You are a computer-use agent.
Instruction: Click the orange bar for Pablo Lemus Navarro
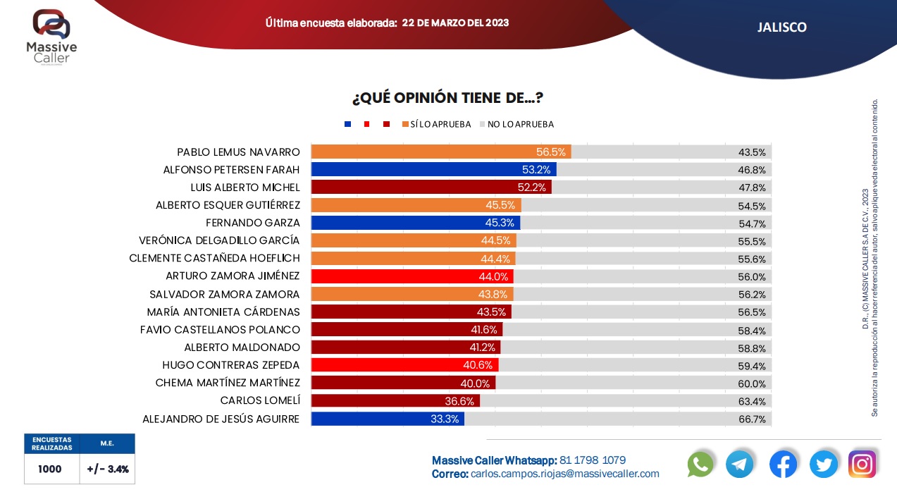[x=440, y=152]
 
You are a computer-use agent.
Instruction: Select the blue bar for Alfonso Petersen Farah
[x=433, y=170]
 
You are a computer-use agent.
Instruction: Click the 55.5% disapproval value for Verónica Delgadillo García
[x=751, y=241]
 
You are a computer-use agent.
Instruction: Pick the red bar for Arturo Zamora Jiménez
[x=412, y=276]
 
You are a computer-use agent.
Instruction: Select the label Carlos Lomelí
[x=260, y=400]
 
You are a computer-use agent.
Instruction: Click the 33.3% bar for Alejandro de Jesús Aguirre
[x=388, y=419]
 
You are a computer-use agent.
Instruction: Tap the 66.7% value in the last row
[x=751, y=419]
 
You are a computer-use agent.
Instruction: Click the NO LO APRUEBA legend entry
[x=516, y=124]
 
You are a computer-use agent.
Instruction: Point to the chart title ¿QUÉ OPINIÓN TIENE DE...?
[x=447, y=97]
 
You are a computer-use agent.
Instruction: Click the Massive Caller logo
[x=51, y=35]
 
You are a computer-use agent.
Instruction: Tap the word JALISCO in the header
[x=781, y=27]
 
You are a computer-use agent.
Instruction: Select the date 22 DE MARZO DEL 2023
[x=455, y=23]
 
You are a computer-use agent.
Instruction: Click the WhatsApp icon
[x=700, y=464]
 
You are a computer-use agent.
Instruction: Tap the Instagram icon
[x=862, y=464]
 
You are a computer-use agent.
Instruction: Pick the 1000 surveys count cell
[x=50, y=469]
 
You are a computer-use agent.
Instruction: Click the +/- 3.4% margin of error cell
[x=108, y=469]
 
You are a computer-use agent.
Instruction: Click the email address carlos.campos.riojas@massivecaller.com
[x=564, y=474]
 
